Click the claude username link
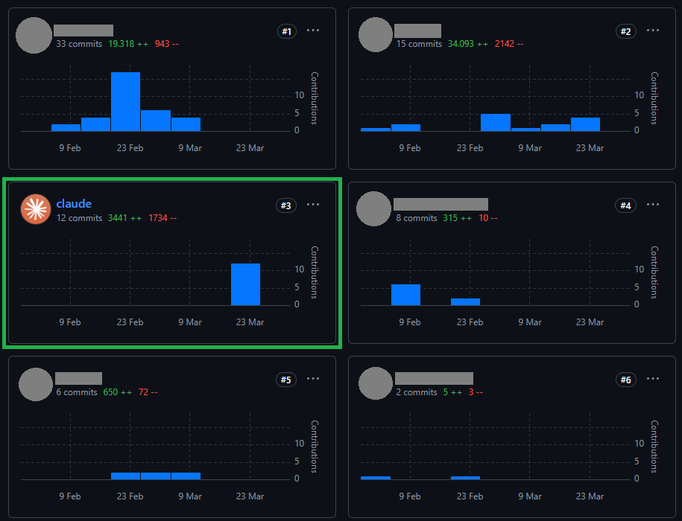tap(74, 204)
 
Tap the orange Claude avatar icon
tap(36, 209)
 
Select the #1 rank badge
tap(287, 31)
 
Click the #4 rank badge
tap(625, 205)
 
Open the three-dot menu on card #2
tap(652, 31)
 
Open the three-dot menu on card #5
tap(313, 379)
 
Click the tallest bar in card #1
tap(125, 101)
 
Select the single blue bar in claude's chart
tap(245, 284)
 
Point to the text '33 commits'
tap(79, 44)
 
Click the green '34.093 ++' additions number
tap(468, 44)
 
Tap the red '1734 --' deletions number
tap(162, 218)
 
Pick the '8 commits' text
tap(416, 218)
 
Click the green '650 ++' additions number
tap(118, 392)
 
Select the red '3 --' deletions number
tap(476, 392)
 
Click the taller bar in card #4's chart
tap(405, 295)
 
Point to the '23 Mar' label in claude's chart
tap(250, 322)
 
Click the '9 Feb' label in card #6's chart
tap(410, 496)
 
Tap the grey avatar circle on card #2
tap(376, 35)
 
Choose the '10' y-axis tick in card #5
tap(299, 444)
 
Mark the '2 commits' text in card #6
tap(416, 392)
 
